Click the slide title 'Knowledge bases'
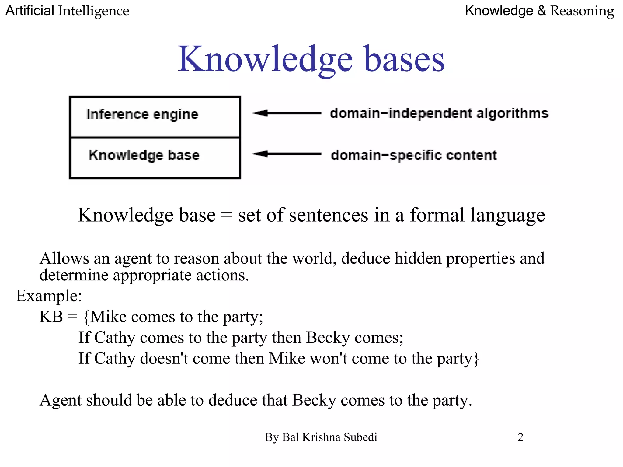(311, 59)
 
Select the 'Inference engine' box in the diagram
(155, 117)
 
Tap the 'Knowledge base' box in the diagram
(155, 157)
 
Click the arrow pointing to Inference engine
(287, 113)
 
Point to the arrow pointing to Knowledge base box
(287, 154)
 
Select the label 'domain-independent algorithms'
(439, 113)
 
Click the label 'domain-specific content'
(414, 155)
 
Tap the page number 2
(520, 437)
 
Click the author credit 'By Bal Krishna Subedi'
(321, 437)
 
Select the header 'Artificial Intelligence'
(67, 11)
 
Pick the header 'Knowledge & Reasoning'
(539, 11)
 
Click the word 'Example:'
(49, 296)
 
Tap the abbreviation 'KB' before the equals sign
(51, 317)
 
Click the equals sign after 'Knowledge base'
(227, 216)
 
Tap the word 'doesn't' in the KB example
(164, 358)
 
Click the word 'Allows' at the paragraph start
(64, 258)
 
